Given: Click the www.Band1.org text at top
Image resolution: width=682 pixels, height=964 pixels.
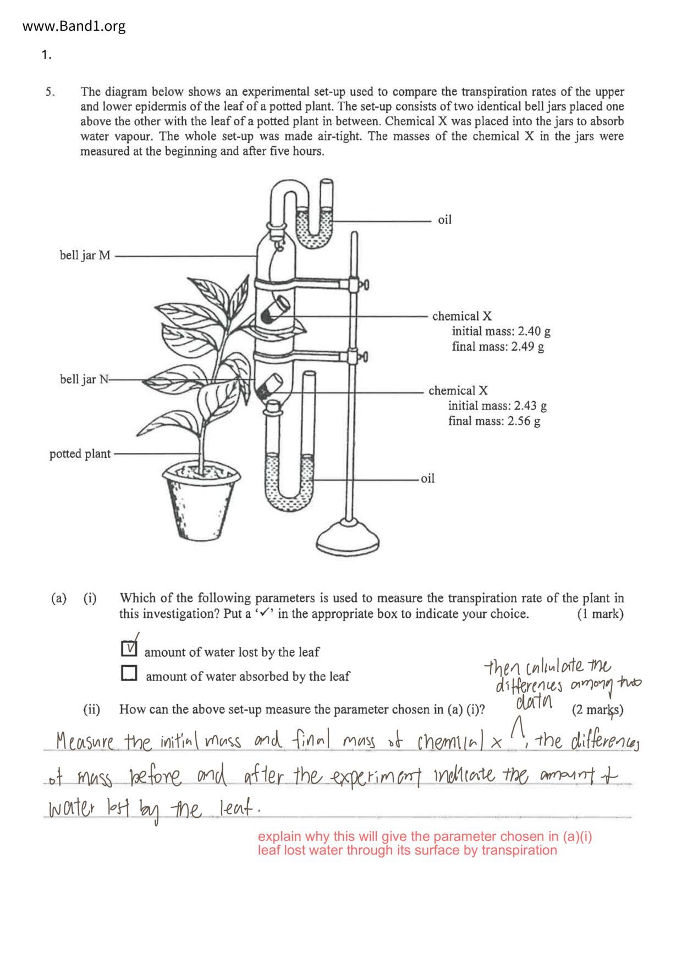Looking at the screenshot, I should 74,26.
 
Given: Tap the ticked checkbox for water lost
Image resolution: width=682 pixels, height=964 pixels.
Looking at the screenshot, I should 129,649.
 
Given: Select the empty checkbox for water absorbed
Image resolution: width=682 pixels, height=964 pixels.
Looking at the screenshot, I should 129,673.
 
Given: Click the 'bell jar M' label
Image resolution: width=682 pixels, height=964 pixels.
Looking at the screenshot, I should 85,256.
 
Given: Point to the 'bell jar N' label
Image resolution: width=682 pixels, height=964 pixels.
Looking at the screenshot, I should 85,379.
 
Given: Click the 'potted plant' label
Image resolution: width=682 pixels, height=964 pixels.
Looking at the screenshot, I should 80,454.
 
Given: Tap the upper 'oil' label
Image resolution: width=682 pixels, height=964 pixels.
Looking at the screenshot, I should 444,220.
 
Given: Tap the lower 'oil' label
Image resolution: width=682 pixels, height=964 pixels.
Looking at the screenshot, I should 427,478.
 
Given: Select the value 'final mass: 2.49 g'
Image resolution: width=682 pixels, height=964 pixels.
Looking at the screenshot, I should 498,347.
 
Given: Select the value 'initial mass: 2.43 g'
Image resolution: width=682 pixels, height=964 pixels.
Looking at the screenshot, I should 497,406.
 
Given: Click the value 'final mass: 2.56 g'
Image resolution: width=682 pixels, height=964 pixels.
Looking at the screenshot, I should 494,422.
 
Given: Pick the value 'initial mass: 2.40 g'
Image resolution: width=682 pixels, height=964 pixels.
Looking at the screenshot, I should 501,331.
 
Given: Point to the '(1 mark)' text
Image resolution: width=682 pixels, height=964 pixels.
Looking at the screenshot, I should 600,614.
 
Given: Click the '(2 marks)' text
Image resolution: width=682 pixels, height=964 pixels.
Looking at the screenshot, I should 597,710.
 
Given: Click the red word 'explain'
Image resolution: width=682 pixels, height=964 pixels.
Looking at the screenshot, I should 279,836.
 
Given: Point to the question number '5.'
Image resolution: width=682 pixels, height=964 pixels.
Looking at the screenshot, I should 51,92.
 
